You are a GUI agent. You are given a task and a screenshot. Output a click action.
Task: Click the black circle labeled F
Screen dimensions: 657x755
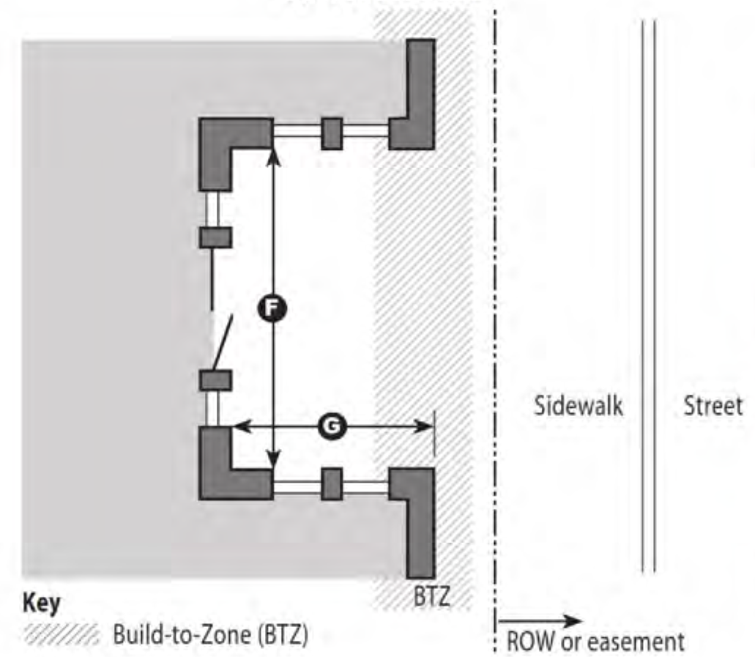[x=272, y=309]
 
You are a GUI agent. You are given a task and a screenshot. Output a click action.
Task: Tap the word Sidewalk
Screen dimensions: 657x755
[x=578, y=406]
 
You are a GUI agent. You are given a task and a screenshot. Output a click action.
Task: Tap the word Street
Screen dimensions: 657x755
[x=713, y=406]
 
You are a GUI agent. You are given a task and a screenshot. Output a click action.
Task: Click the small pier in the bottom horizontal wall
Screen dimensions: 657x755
[x=332, y=484]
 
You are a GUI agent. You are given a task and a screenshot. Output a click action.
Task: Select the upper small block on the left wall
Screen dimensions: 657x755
[x=215, y=237]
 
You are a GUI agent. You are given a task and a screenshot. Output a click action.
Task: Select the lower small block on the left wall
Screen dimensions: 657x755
[x=215, y=381]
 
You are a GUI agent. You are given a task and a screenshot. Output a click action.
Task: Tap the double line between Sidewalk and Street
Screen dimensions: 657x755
[x=647, y=293]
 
